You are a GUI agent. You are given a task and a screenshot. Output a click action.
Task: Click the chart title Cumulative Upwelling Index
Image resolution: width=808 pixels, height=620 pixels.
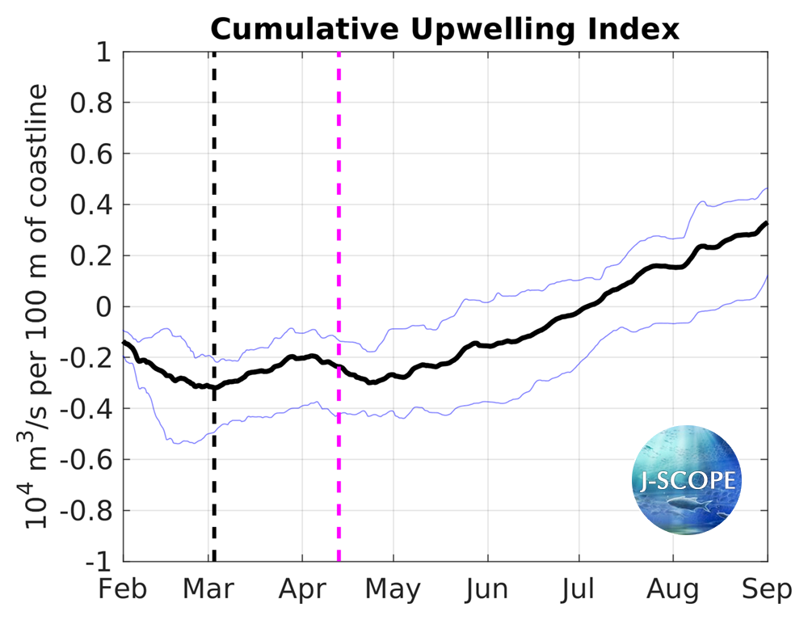click(x=445, y=29)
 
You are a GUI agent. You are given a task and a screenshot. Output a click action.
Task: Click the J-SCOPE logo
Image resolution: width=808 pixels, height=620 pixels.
click(x=685, y=480)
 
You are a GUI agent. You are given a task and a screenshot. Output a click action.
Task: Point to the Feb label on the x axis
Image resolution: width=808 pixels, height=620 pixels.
click(x=124, y=589)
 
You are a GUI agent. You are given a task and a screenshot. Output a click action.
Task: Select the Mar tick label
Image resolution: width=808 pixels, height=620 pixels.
click(x=213, y=589)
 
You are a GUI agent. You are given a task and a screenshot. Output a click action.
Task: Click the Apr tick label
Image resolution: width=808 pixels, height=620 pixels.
click(x=302, y=589)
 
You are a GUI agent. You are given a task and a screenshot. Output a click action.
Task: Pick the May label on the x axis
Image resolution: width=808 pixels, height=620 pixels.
click(x=393, y=589)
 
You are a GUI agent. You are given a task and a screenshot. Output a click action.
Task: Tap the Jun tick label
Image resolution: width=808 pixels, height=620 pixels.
click(x=487, y=589)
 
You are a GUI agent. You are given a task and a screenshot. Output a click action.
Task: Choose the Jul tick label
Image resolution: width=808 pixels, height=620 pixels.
click(x=579, y=589)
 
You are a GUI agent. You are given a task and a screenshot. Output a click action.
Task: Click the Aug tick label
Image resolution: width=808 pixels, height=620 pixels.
click(x=673, y=589)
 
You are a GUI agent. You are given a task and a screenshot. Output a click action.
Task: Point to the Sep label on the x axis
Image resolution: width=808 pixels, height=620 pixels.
click(x=766, y=589)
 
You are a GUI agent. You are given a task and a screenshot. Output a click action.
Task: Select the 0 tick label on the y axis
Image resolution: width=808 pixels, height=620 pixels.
click(x=103, y=307)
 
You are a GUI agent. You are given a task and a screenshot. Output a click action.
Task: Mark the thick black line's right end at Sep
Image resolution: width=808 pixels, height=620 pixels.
click(x=766, y=223)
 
